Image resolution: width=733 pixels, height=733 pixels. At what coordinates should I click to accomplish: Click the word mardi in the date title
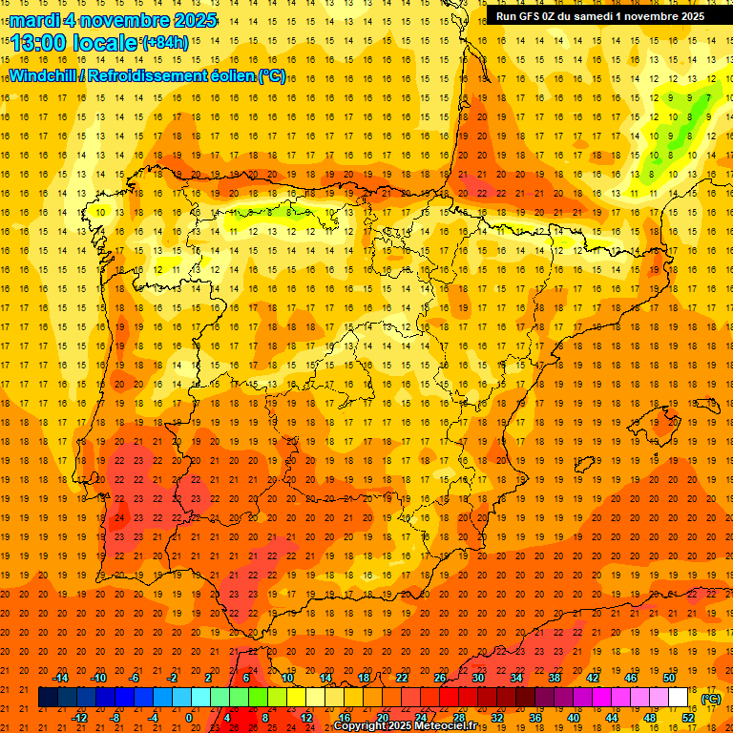[x=34, y=20]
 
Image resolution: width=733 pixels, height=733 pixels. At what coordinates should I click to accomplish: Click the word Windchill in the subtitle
[x=43, y=75]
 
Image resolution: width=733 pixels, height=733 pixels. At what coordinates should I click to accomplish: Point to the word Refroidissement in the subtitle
[x=147, y=75]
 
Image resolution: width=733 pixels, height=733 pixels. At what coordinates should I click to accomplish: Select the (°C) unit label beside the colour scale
[x=711, y=699]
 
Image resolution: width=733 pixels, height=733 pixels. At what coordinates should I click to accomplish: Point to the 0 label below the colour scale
[x=189, y=717]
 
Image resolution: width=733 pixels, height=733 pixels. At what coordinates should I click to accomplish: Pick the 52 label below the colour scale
[x=688, y=717]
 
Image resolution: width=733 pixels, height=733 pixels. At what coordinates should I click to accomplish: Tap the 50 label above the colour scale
[x=669, y=678]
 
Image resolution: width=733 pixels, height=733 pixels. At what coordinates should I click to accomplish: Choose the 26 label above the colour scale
[x=440, y=678]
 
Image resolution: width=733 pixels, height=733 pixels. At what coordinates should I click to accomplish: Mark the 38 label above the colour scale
[x=555, y=678]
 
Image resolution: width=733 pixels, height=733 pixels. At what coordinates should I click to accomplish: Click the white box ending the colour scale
[x=679, y=698]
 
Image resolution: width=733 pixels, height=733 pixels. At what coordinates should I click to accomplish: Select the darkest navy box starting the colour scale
[x=49, y=698]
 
